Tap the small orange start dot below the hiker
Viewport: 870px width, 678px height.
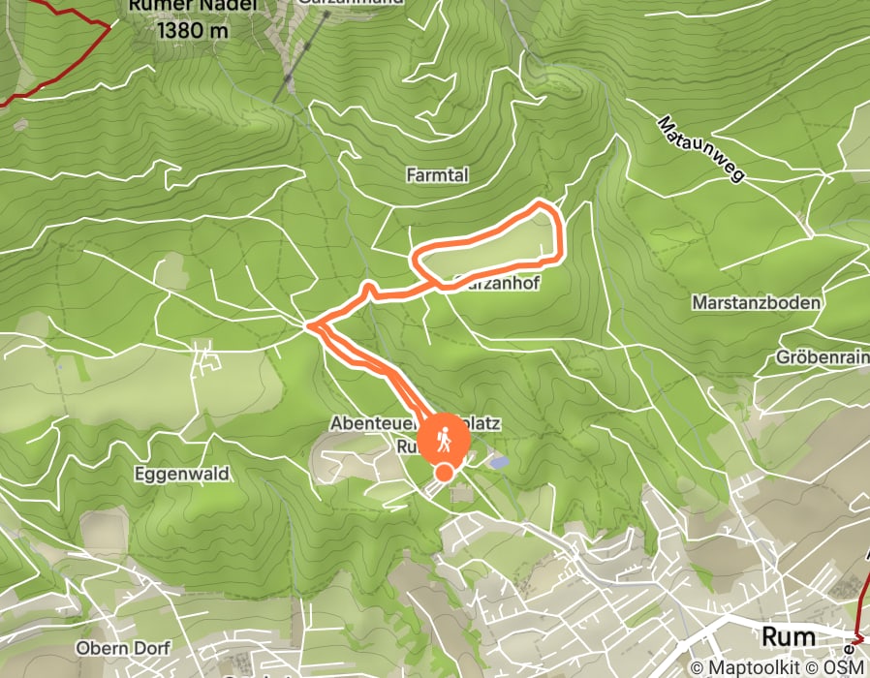[444, 473]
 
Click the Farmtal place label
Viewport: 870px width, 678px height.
[438, 174]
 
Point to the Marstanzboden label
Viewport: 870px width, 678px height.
[756, 302]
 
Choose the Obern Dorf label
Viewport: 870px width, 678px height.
[122, 648]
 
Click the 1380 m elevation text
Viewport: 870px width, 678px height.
[192, 30]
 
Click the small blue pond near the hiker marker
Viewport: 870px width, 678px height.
[498, 463]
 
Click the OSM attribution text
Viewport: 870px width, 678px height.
[842, 667]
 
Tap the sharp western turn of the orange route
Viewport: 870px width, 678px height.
[309, 325]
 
